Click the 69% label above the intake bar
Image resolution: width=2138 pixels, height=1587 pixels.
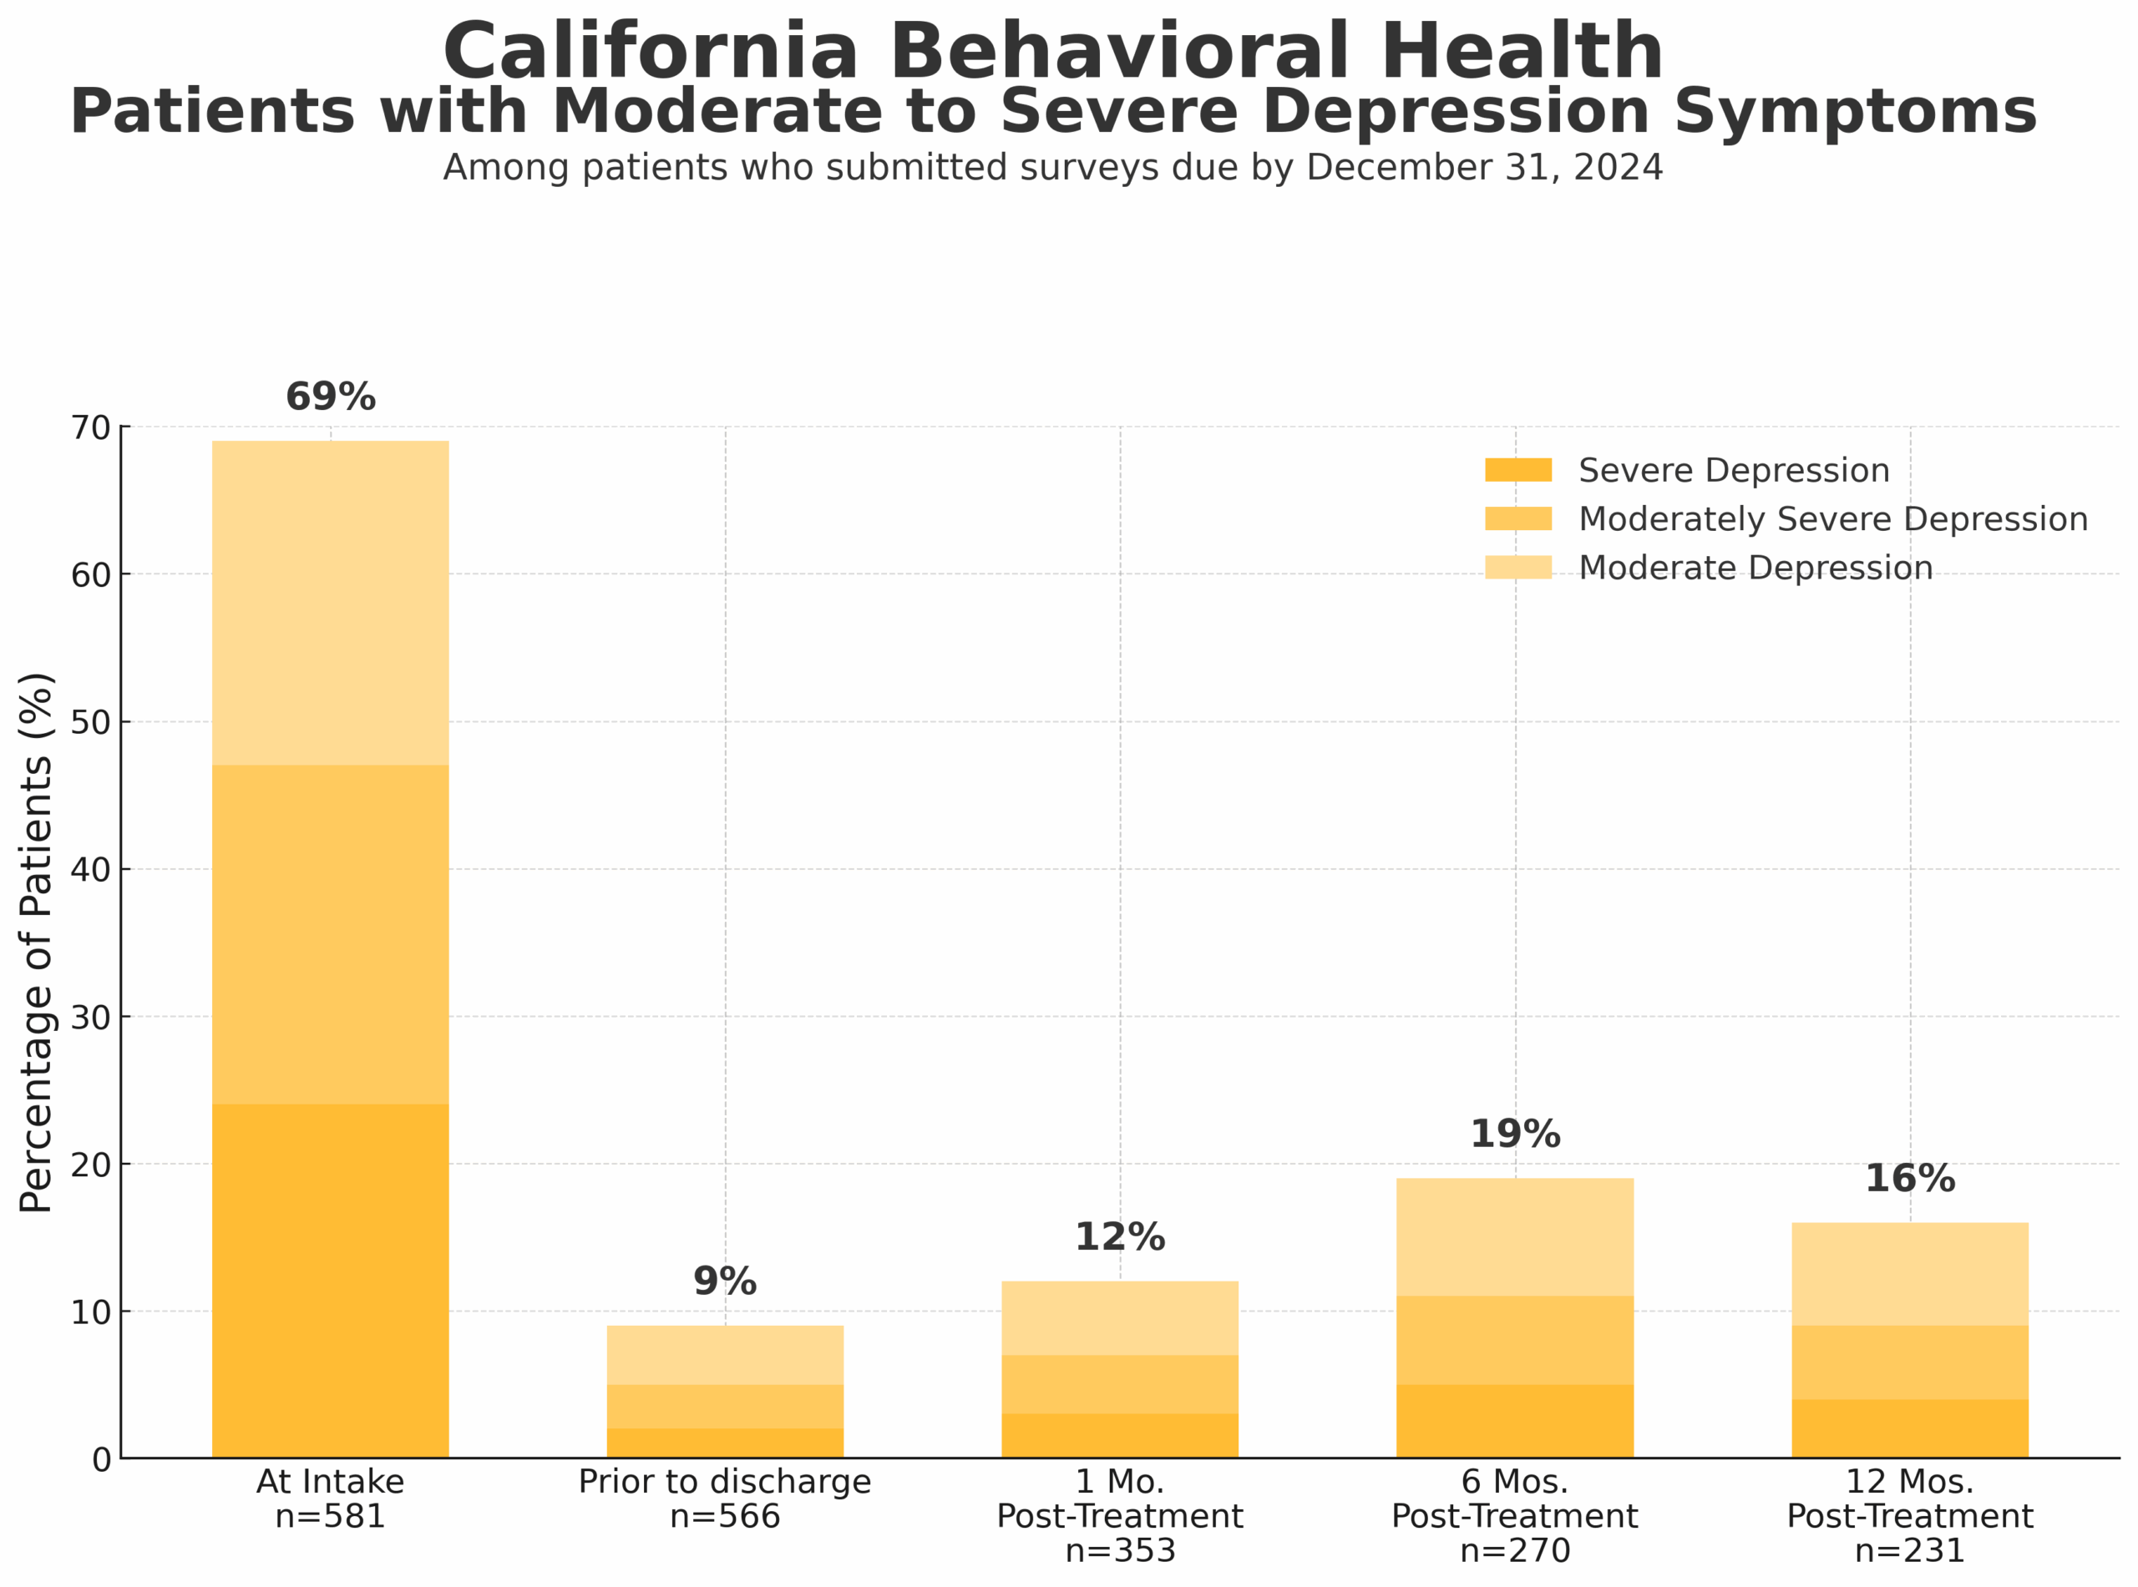pyautogui.click(x=331, y=397)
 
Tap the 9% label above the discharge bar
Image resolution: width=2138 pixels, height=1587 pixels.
pyautogui.click(x=725, y=1281)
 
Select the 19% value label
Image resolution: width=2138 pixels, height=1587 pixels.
pyautogui.click(x=1514, y=1134)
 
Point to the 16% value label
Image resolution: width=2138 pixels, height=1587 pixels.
pyautogui.click(x=1909, y=1178)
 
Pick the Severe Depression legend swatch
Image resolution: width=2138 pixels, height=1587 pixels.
pyautogui.click(x=1517, y=470)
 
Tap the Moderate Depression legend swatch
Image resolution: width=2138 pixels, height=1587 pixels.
pyautogui.click(x=1517, y=567)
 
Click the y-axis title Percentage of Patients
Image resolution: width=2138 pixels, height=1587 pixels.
pyautogui.click(x=37, y=942)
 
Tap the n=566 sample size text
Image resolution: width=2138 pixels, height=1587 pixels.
pyautogui.click(x=725, y=1516)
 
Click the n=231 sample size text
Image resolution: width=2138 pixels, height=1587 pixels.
pyautogui.click(x=1909, y=1550)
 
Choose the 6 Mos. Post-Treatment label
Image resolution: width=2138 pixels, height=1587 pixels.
pyautogui.click(x=1514, y=1499)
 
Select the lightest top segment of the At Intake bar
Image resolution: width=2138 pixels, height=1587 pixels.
pyautogui.click(x=330, y=603)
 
